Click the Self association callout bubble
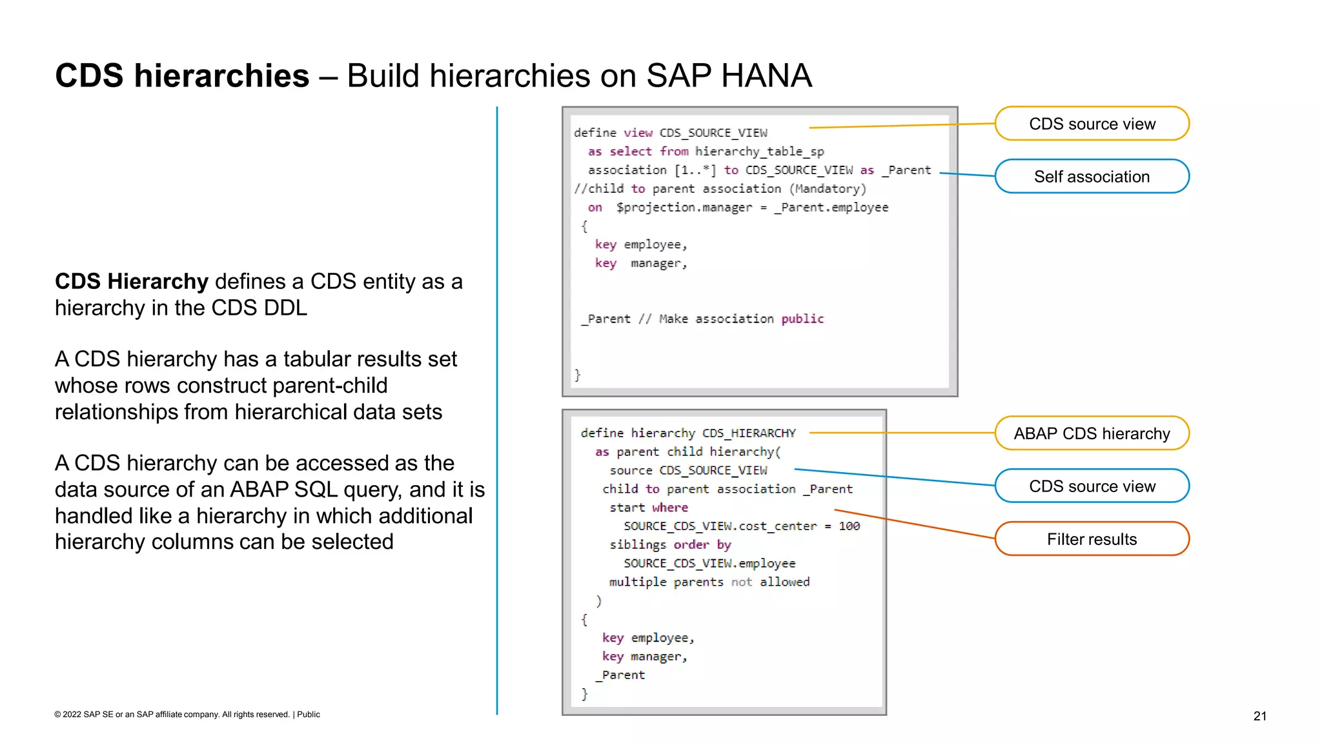1092,177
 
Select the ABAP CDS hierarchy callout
1092,433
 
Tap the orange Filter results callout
1092,539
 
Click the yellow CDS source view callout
1092,124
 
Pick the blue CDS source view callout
1092,486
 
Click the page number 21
1259,716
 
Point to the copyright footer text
187,715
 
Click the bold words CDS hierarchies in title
182,76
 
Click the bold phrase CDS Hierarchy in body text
132,282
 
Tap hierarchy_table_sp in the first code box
759,152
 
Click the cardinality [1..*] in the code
695,170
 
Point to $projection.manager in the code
684,208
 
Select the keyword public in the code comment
802,319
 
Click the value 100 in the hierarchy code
849,526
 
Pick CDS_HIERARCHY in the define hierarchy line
749,433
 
